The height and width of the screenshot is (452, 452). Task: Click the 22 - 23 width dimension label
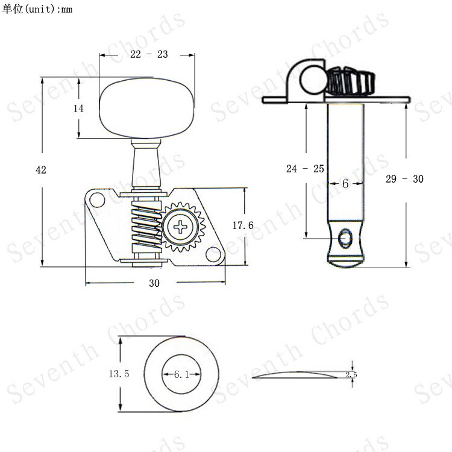(x=149, y=54)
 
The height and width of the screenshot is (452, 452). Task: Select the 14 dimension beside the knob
(x=78, y=108)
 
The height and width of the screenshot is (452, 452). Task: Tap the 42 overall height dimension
(x=41, y=170)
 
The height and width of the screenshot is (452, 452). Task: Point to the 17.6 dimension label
(x=243, y=225)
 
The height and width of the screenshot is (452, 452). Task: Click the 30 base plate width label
(x=154, y=283)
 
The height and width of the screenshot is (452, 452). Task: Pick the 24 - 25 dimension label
(x=305, y=169)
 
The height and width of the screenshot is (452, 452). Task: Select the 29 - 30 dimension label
(x=404, y=179)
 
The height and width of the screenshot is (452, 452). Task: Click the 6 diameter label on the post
(x=345, y=184)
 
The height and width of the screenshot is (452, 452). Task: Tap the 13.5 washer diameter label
(x=119, y=374)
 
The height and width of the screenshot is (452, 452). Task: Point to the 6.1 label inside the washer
(x=181, y=374)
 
